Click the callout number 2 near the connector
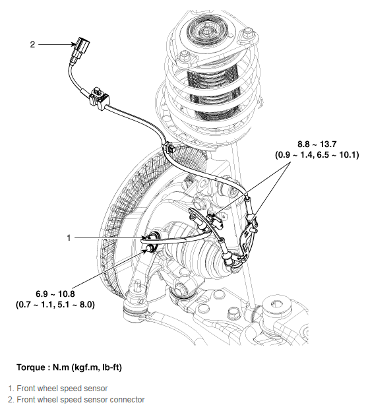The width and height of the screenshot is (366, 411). tap(32, 44)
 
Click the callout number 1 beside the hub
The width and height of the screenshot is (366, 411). tap(69, 236)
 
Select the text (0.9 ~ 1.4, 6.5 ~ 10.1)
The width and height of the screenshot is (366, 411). tap(317, 155)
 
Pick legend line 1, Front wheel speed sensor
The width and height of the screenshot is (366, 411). tap(57, 389)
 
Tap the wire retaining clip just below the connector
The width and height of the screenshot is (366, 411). tap(99, 95)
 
